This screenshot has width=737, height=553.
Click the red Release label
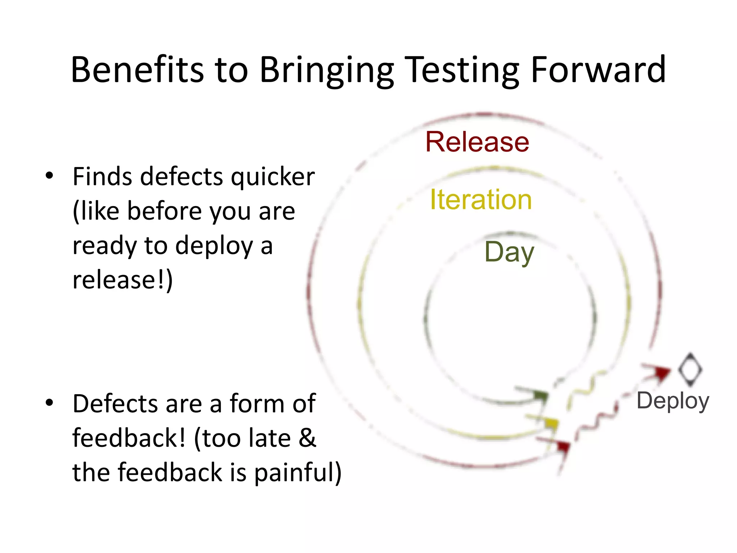click(x=477, y=142)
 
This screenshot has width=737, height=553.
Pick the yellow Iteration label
click(x=481, y=199)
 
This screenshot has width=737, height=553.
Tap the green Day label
click(x=509, y=252)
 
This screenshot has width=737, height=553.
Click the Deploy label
click(x=673, y=400)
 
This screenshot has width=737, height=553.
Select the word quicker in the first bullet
click(x=273, y=177)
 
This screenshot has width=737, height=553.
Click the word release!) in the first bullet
click(x=122, y=280)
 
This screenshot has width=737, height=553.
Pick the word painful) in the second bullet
click(x=298, y=472)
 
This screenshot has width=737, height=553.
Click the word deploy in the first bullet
click(x=214, y=246)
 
